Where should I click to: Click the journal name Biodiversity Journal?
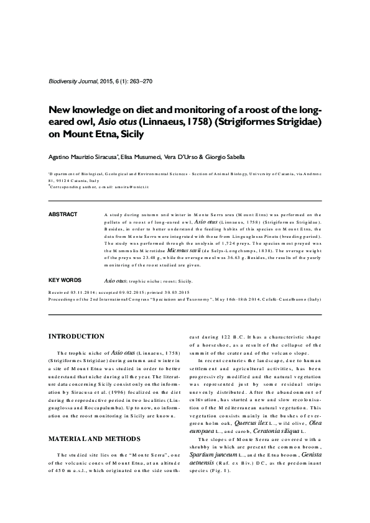tap(71, 83)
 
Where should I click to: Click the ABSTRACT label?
tap(62, 214)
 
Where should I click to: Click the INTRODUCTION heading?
tap(76, 337)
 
